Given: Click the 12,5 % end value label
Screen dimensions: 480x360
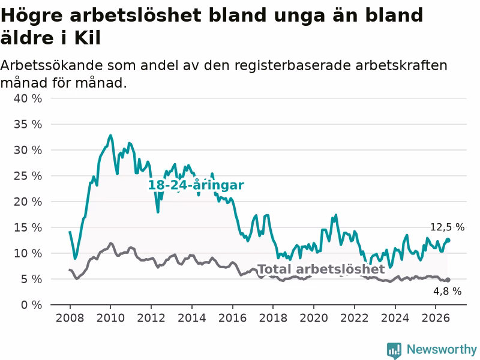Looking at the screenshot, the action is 447,227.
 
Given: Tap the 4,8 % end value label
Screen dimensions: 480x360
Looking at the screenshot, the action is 447,291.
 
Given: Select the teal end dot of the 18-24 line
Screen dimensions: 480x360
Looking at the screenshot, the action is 448,241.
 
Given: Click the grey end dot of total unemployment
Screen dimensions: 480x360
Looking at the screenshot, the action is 448,280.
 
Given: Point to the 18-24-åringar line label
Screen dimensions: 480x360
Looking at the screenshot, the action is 196,185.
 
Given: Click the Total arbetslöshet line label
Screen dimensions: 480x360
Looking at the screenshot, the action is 322,269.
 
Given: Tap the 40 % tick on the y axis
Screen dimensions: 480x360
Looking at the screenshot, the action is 28,98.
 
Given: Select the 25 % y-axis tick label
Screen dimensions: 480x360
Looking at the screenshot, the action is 28,176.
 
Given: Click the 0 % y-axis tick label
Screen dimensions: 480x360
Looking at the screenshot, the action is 31,305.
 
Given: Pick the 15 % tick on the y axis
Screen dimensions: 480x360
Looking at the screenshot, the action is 28,227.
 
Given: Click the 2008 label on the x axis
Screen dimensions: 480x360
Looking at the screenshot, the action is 70,318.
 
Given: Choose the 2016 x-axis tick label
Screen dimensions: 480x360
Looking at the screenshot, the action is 232,318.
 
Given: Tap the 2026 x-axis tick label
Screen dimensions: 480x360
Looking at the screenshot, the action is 436,318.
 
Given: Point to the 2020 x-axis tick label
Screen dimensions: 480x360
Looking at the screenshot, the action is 314,318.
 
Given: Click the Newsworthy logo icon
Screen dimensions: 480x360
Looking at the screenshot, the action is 394,350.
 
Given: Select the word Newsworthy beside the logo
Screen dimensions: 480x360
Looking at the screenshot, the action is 442,349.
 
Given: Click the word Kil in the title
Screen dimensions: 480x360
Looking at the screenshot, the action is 87,38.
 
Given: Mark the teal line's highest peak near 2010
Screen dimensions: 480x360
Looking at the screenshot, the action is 110,135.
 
